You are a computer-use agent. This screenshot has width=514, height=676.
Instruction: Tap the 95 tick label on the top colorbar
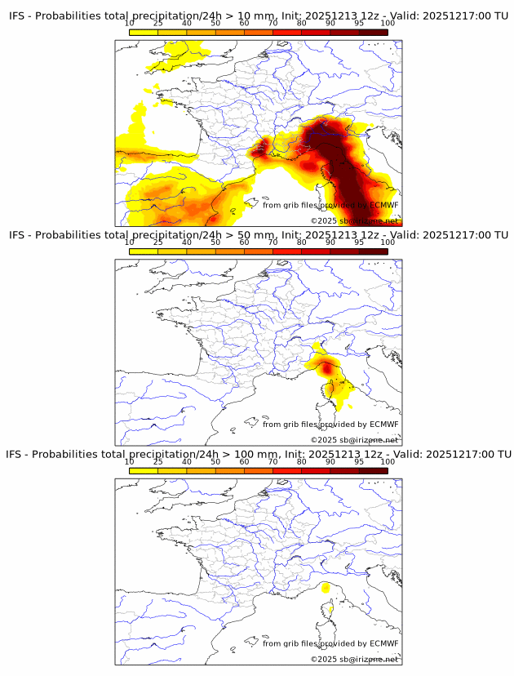359,24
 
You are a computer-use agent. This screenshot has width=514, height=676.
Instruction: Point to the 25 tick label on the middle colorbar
158,242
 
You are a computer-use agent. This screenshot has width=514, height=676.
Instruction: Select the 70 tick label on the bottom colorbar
273,462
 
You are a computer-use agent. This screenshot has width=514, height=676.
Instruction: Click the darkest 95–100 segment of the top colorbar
374,32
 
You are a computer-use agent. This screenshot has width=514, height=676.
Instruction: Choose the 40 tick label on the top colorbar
187,24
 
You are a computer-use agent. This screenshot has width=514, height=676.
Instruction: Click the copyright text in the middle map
354,439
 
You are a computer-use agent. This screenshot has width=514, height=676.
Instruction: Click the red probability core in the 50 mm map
328,369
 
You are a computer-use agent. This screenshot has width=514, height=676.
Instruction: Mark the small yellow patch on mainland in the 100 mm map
325,588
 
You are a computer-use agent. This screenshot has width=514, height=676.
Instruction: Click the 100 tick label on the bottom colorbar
388,462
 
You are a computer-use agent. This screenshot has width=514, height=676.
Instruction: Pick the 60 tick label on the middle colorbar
245,242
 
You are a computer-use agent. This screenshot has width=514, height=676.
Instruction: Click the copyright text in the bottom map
354,659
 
